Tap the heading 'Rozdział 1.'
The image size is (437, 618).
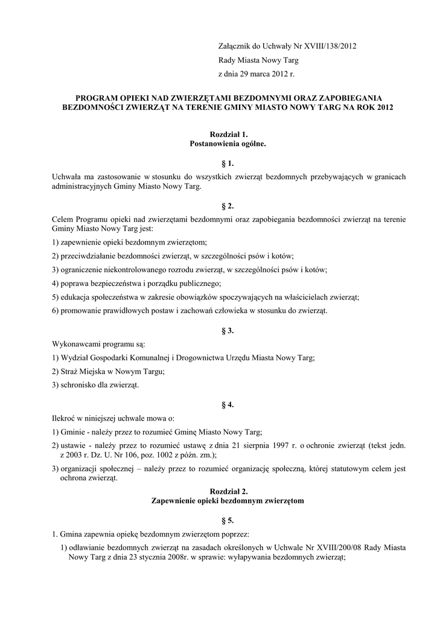tap(228, 134)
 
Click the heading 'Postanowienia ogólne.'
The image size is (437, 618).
tap(228, 144)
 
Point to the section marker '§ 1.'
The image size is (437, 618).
tap(228, 164)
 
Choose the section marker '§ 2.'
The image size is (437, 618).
tap(228, 206)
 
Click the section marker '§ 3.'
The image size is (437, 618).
tap(228, 331)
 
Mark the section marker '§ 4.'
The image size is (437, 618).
tap(228, 405)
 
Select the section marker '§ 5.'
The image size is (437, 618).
tap(228, 520)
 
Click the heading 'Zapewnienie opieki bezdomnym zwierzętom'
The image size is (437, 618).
tap(228, 502)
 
